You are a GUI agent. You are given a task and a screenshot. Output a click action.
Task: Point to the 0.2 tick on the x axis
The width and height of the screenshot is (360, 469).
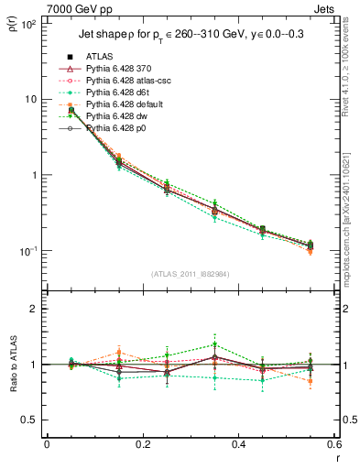point(142,446)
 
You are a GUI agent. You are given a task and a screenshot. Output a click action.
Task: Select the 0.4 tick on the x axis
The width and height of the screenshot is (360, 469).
point(239,446)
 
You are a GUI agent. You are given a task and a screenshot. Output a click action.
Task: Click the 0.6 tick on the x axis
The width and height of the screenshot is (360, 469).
point(334,446)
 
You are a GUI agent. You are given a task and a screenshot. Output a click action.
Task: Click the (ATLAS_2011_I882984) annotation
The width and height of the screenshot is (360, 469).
point(191,273)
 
